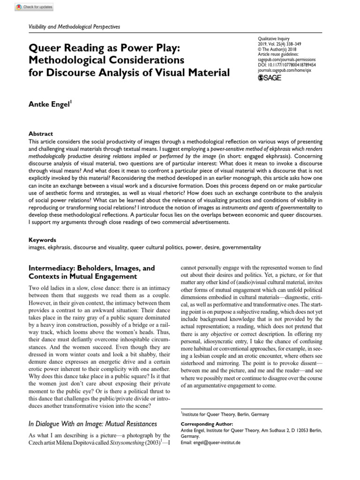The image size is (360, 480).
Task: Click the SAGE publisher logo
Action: click(271, 77)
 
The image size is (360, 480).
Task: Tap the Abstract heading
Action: click(41, 134)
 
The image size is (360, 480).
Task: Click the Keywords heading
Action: click(42, 240)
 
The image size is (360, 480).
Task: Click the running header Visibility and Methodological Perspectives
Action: click(75, 27)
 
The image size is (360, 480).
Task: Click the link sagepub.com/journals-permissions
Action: click(287, 60)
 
